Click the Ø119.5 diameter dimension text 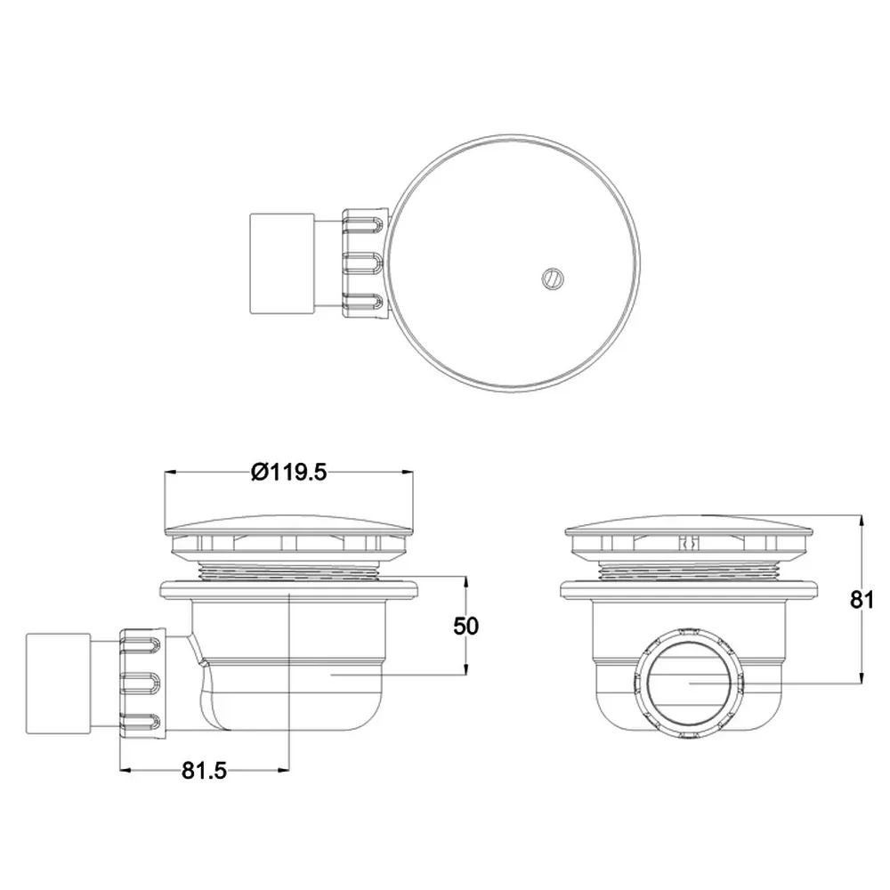[x=289, y=472]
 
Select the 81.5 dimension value [x=205, y=770]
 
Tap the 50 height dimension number [x=466, y=626]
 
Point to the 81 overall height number [x=862, y=599]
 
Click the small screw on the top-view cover [x=553, y=279]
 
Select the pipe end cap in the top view [x=282, y=263]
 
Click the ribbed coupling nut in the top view [x=364, y=263]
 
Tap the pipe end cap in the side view [x=59, y=684]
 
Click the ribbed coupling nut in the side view [x=142, y=684]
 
